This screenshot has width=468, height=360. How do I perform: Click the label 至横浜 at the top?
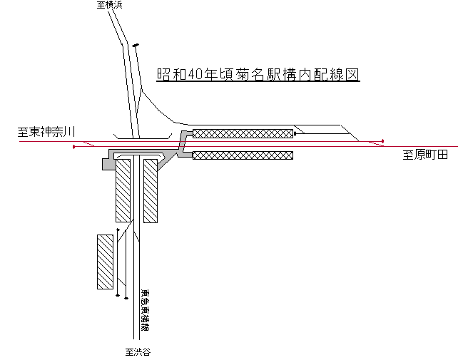tap(110, 6)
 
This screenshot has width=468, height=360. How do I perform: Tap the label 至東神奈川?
tap(48, 132)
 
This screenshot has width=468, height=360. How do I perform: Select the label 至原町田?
tap(425, 155)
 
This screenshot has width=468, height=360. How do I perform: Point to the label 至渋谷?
tap(138, 351)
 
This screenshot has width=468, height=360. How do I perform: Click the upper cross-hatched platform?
tap(243, 133)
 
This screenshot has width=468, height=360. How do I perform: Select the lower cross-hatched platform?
tap(243, 155)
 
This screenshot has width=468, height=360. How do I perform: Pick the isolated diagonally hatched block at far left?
tap(106, 262)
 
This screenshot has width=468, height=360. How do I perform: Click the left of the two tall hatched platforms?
tap(123, 190)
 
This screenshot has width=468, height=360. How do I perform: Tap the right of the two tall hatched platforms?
tap(150, 190)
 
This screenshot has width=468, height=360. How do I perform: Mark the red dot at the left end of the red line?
tap(74, 147)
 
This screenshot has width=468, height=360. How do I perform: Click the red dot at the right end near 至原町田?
tap(383, 140)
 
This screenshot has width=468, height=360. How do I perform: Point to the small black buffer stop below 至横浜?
tap(136, 46)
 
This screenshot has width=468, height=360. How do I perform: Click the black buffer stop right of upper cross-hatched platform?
tap(295, 133)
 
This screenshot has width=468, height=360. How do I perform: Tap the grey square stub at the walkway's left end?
tap(108, 165)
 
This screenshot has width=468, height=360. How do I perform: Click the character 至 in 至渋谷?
tap(129, 351)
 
